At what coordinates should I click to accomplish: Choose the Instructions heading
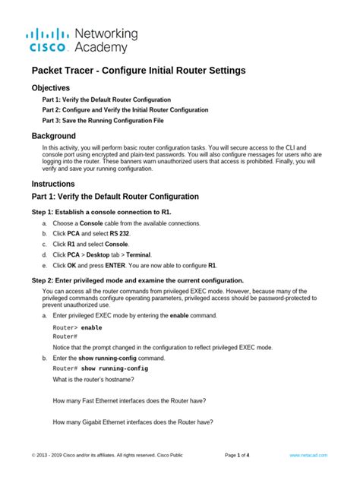(53, 184)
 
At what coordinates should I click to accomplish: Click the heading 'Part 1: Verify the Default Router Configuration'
(115, 197)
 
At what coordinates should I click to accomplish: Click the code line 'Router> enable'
(77, 327)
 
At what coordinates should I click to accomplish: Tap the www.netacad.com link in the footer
(308, 455)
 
